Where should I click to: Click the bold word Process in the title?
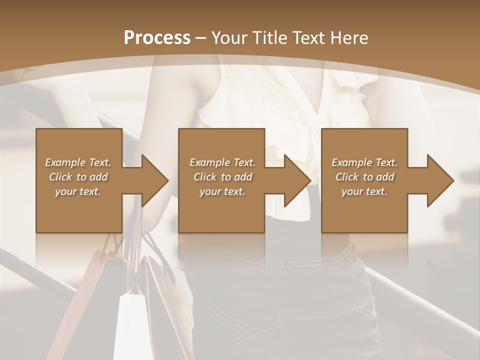pyautogui.click(x=157, y=38)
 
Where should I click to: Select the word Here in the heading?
pyautogui.click(x=349, y=38)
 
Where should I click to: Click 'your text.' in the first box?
pyautogui.click(x=78, y=191)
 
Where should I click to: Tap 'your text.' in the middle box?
pyautogui.click(x=222, y=191)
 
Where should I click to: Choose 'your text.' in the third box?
pyautogui.click(x=364, y=191)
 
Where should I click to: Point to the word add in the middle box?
pyautogui.click(x=243, y=177)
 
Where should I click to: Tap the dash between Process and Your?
pyautogui.click(x=200, y=38)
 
